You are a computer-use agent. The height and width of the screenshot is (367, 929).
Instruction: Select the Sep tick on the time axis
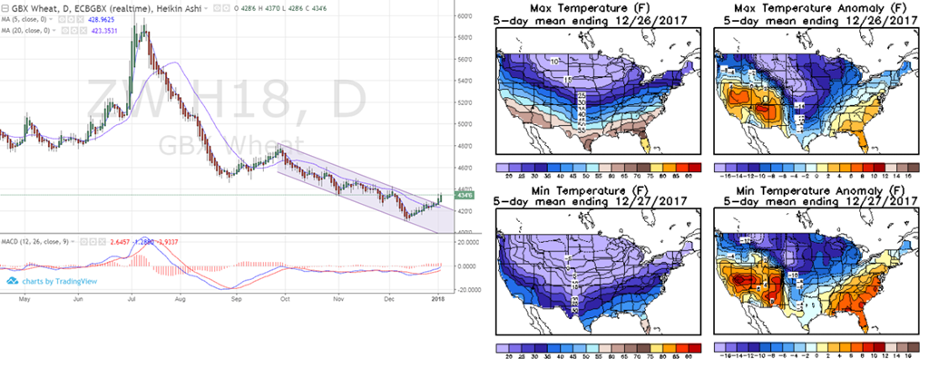[x=237, y=296]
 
